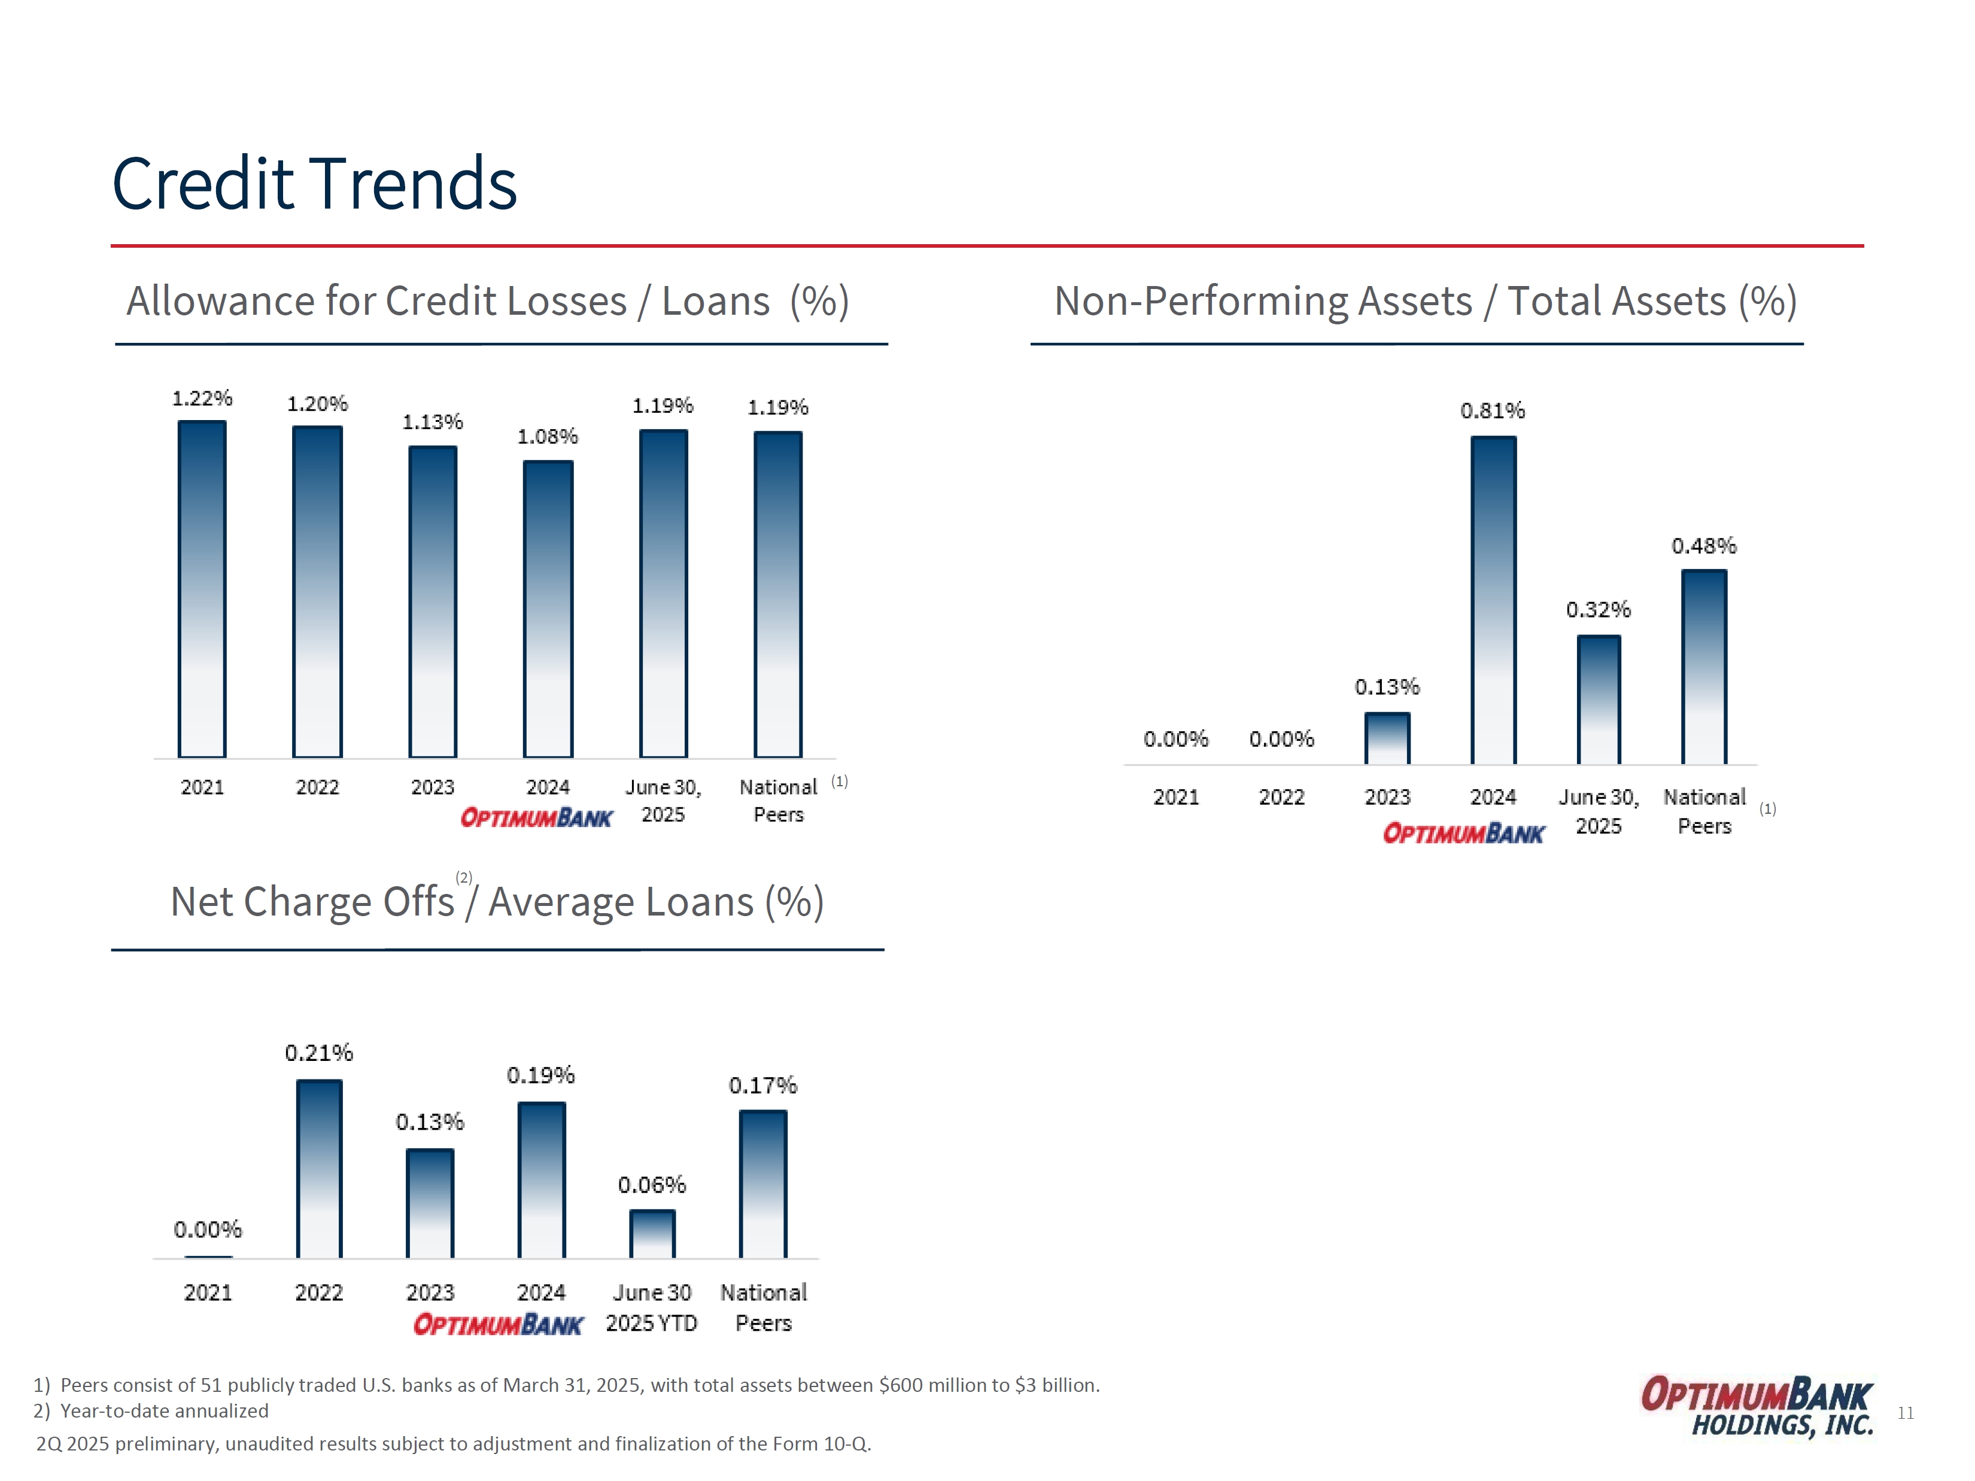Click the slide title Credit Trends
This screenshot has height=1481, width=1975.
[314, 184]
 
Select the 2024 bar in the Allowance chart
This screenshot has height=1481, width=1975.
[548, 608]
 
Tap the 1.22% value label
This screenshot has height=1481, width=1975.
[202, 398]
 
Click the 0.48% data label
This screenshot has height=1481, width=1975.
[1703, 546]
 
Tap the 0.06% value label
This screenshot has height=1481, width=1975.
[652, 1185]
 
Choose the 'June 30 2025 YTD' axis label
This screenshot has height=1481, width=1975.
[652, 1308]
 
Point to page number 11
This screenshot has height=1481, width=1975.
[1906, 1413]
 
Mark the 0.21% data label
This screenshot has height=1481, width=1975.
[319, 1053]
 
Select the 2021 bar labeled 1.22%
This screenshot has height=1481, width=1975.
[202, 589]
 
